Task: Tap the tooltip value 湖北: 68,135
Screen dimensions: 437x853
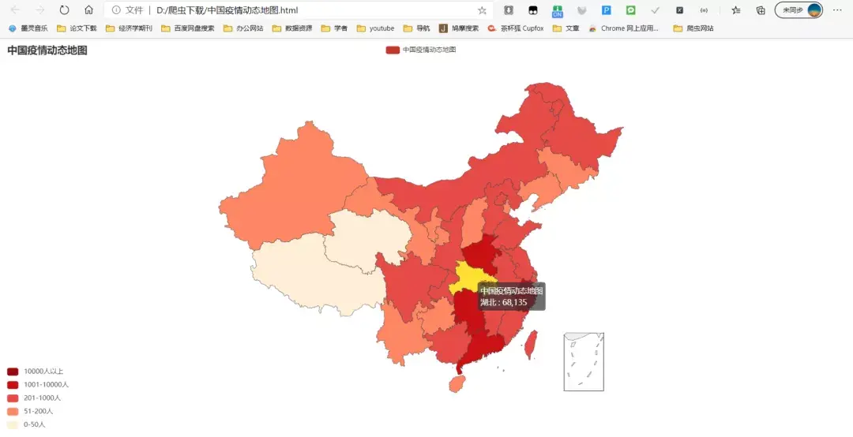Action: [x=503, y=302]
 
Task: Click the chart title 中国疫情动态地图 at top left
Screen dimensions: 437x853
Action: [x=47, y=50]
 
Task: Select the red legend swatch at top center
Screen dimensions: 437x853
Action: [x=393, y=50]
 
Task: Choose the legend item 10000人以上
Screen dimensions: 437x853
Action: [x=13, y=372]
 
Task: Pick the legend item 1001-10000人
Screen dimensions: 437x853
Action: [x=13, y=385]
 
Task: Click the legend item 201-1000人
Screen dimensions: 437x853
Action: [x=13, y=398]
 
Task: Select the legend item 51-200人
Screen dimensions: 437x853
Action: [x=13, y=412]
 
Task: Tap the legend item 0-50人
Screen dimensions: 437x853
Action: [x=13, y=425]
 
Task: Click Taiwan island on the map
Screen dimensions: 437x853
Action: [x=531, y=344]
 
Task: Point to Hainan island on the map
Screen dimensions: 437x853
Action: [x=457, y=383]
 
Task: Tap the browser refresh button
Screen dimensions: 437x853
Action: [x=65, y=10]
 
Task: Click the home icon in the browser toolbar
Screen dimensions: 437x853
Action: [x=88, y=10]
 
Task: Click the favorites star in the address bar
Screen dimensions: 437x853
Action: [x=482, y=10]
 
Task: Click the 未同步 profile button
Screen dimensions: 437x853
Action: [x=799, y=10]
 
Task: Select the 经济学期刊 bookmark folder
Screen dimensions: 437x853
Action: [x=130, y=28]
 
